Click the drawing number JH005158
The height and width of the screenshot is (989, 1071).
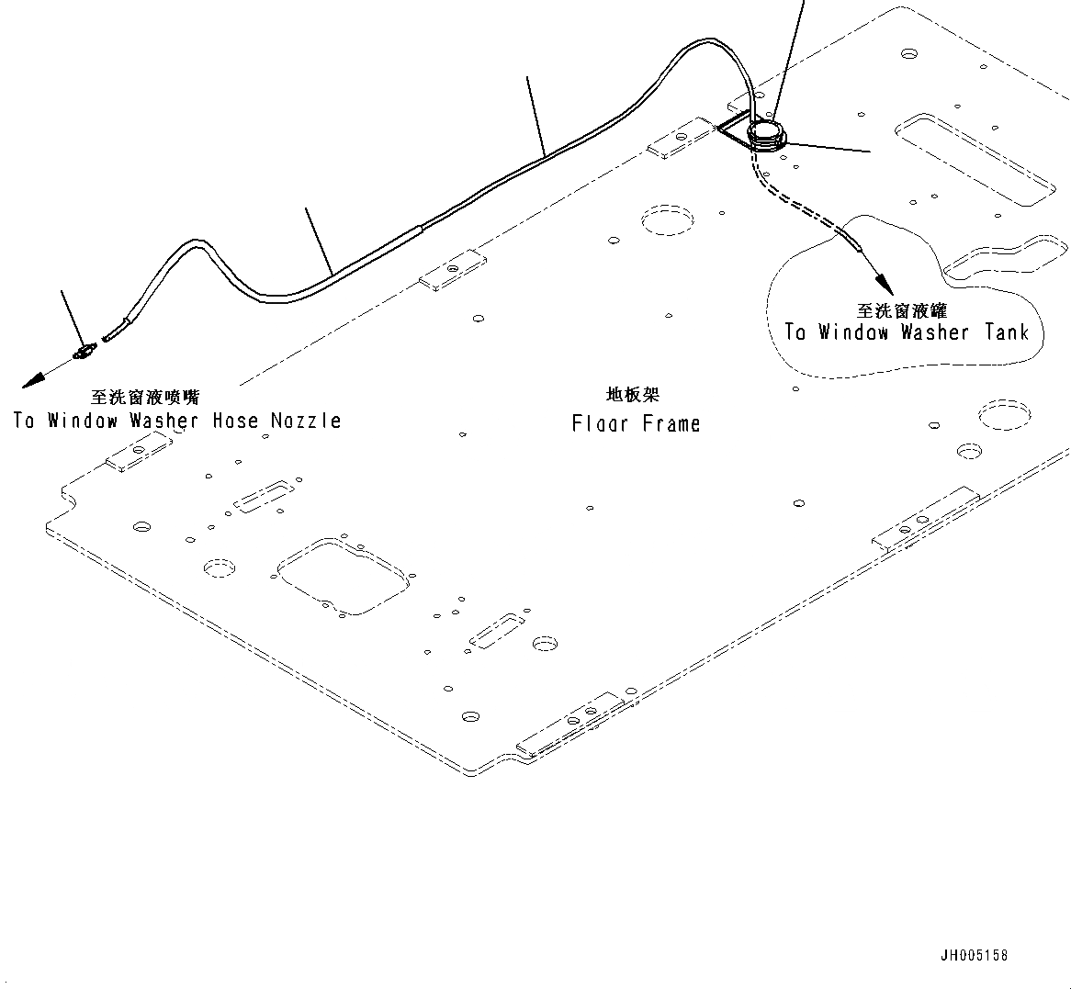coord(973,955)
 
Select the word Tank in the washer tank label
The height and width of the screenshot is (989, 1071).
coord(1007,332)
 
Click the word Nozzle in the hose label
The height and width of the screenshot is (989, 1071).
coord(306,421)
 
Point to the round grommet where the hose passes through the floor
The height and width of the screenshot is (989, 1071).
coord(765,134)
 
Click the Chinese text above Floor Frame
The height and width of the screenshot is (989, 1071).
coord(633,395)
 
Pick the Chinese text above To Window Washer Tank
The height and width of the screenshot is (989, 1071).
coord(901,311)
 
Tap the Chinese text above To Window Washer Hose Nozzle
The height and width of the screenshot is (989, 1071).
coord(145,398)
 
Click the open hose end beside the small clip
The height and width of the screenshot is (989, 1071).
coord(109,337)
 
